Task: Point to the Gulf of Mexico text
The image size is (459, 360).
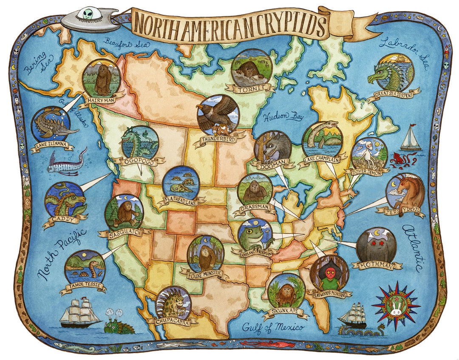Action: (x=273, y=327)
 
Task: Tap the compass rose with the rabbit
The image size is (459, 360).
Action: (x=396, y=305)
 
